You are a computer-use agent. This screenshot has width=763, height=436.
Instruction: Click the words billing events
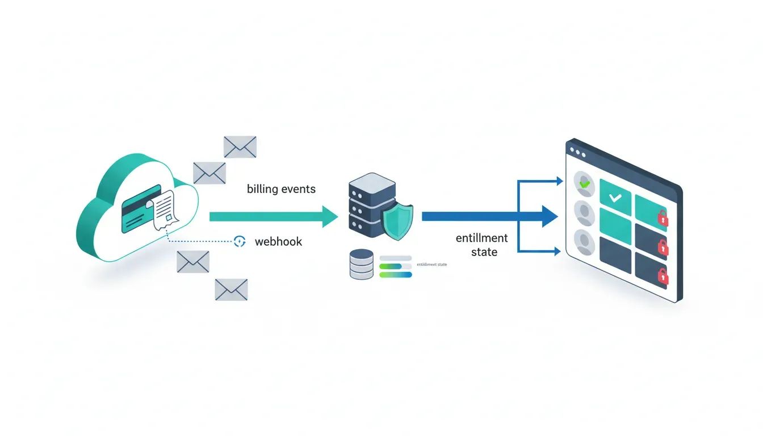click(281, 189)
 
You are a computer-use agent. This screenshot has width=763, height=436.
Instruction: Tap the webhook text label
click(278, 242)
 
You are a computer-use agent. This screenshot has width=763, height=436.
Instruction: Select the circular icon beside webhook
click(240, 241)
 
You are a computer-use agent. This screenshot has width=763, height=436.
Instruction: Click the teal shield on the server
click(397, 221)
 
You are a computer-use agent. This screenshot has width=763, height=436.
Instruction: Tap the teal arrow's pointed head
click(330, 216)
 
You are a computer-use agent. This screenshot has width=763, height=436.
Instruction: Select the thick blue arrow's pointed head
click(550, 216)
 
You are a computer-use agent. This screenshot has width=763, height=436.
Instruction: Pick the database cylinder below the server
click(362, 265)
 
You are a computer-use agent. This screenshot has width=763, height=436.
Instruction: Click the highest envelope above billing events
click(240, 146)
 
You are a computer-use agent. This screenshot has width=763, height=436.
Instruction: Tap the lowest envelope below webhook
click(231, 290)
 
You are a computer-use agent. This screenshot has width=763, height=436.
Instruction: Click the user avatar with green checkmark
click(584, 183)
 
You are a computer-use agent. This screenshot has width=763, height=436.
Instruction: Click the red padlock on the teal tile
click(663, 217)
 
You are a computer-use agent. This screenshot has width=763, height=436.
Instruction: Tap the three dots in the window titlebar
click(577, 153)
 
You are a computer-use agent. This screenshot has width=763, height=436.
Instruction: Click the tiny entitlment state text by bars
click(431, 265)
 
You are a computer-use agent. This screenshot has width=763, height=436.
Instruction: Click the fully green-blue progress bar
click(395, 275)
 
